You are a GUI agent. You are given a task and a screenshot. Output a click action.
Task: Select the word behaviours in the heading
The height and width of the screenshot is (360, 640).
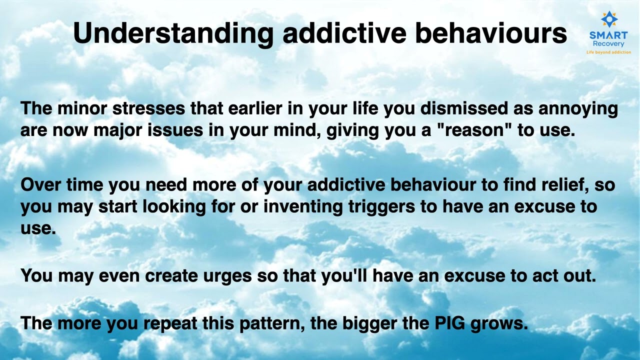[x=491, y=33]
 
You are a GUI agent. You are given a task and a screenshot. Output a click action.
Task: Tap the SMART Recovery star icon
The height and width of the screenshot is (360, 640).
[x=608, y=19]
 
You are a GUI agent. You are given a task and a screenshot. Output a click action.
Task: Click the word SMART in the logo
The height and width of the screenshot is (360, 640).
[x=608, y=35]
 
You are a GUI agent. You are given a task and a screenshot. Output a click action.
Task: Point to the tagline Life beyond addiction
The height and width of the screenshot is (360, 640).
[x=608, y=52]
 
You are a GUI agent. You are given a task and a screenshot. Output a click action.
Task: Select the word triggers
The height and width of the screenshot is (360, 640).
[x=379, y=207]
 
